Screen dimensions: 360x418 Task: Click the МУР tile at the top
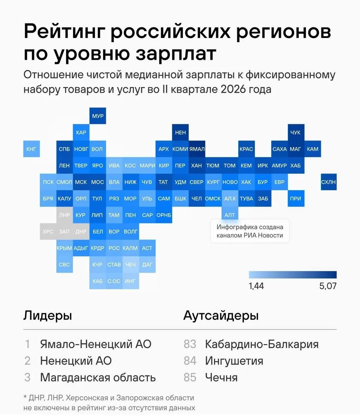[98, 116]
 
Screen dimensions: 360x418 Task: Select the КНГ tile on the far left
[32, 149]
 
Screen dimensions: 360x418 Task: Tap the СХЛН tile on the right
[328, 182]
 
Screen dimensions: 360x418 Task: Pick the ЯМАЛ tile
[197, 149]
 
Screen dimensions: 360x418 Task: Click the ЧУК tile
[296, 132]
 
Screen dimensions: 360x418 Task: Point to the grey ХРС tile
[48, 232]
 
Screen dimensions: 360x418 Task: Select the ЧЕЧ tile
[131, 265]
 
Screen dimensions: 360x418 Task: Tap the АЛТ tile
[230, 215]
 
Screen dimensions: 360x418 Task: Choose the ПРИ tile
[296, 198]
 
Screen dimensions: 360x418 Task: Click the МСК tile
[81, 182]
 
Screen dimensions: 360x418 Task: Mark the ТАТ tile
[164, 182]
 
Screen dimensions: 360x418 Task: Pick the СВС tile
[65, 265]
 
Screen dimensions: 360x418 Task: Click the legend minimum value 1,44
[256, 286]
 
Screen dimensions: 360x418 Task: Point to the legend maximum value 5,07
[328, 286]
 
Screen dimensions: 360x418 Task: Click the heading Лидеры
[48, 316]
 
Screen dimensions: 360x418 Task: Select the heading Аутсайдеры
[221, 316]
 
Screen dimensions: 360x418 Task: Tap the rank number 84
[190, 361]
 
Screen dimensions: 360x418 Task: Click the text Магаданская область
[98, 378]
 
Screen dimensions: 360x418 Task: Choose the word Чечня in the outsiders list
[221, 378]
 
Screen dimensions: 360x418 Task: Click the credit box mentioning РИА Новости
[250, 231]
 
